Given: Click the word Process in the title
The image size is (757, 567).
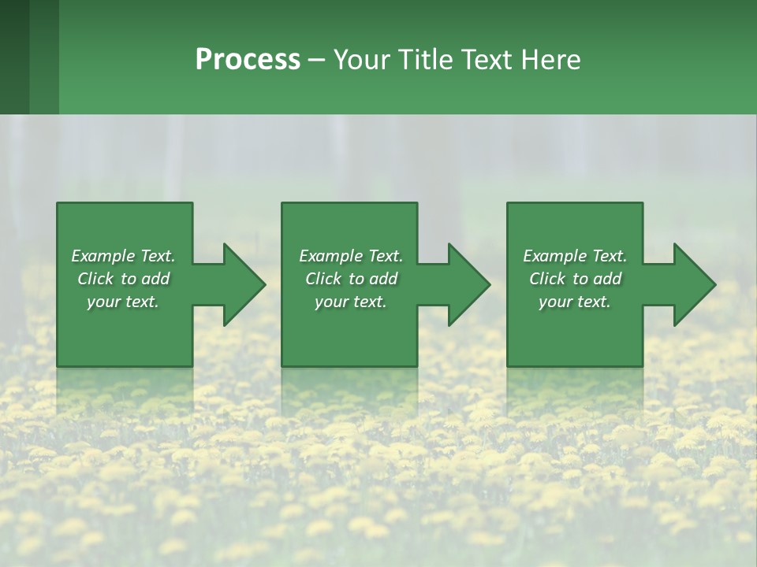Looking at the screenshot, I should click(248, 60).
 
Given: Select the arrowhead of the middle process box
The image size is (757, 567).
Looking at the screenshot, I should click(468, 284).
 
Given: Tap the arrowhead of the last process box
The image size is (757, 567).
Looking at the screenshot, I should click(694, 284).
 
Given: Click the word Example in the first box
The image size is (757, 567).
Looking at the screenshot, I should click(103, 256).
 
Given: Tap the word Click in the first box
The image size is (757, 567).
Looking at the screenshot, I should click(95, 279).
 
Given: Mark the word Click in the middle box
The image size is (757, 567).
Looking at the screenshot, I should click(323, 279).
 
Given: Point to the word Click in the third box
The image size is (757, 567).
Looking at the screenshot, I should click(547, 279).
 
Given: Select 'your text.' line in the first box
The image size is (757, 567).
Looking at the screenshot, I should click(123, 302).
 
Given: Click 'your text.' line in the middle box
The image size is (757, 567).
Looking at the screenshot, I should click(351, 302).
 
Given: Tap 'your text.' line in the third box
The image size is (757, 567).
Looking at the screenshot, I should click(575, 302).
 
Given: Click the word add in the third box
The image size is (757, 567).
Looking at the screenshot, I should click(607, 279).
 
